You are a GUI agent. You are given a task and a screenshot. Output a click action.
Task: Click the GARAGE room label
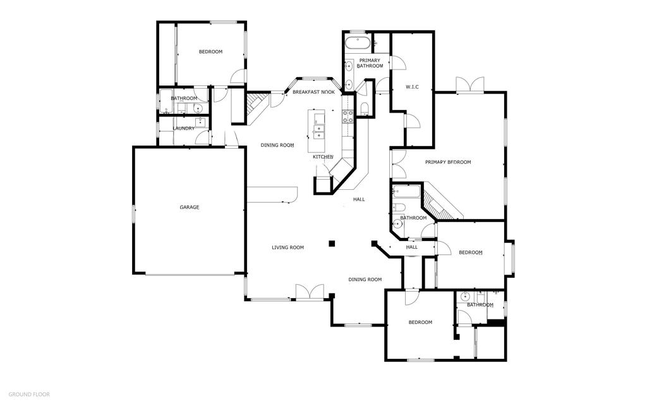[190, 207]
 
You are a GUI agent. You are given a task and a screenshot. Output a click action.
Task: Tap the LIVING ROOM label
[288, 247]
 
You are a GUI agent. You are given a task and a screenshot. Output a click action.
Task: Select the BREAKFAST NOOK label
[313, 92]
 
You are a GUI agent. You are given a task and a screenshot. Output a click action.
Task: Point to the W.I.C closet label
[412, 87]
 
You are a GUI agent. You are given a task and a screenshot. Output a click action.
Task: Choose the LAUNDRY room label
[184, 128]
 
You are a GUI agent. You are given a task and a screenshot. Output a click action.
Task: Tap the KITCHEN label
[323, 157]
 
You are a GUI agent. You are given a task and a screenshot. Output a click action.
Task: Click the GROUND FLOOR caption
[29, 394]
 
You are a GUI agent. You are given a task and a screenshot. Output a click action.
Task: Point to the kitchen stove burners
[348, 116]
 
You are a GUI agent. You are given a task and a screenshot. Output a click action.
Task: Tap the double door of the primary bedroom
[471, 85]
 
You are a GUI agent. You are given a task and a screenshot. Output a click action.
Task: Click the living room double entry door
[309, 291]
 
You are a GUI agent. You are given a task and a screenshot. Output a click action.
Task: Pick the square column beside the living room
[332, 242]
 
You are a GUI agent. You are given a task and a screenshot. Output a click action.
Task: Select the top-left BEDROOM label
[210, 52]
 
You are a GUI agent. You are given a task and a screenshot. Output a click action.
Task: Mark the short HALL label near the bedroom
[412, 247]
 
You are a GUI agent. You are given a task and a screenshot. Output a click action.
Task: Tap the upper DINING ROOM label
[277, 145]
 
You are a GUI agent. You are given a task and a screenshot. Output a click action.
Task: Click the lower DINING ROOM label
[365, 279]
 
